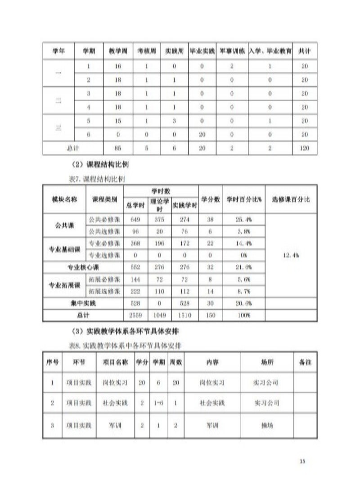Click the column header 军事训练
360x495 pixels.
tap(232, 51)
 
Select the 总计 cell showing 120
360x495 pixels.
tap(305, 148)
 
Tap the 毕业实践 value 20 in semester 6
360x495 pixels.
tap(202, 135)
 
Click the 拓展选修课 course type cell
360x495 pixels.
tap(104, 291)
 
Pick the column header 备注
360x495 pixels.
tap(305, 362)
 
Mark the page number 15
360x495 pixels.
tap(302, 461)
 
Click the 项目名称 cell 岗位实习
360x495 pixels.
tap(115, 383)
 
